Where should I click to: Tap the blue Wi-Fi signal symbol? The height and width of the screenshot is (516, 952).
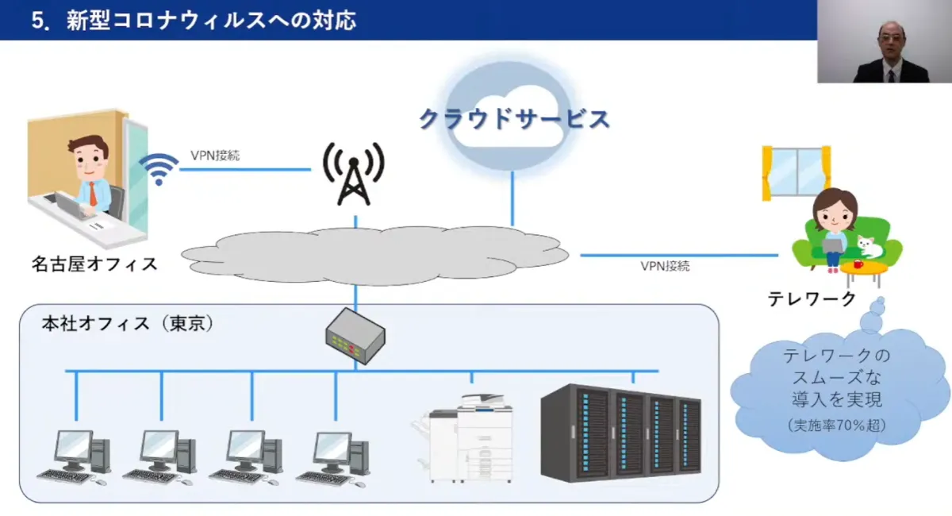tap(159, 169)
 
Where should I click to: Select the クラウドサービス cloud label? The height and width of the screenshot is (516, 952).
tap(514, 119)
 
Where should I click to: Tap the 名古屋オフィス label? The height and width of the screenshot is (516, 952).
tap(94, 264)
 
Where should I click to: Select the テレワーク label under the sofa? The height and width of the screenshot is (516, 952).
tap(812, 299)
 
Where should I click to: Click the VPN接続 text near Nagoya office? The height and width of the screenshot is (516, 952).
tap(215, 156)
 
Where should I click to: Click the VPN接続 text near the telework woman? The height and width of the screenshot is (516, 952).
tap(665, 266)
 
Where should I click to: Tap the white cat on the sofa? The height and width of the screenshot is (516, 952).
tap(869, 246)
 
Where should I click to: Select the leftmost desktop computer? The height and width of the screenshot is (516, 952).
tap(75, 456)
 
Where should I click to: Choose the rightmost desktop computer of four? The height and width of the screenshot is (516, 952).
tap(334, 456)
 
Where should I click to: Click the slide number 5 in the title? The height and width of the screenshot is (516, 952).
tap(36, 20)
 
